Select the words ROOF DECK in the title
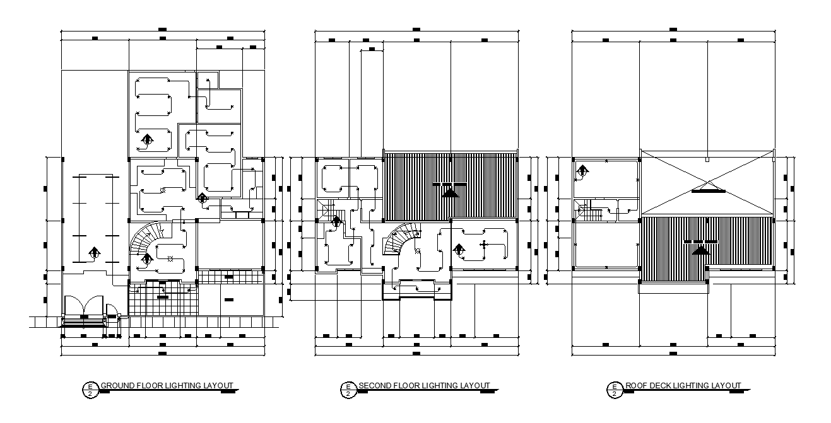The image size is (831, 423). coord(647,386)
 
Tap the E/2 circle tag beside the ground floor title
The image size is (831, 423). coord(90,390)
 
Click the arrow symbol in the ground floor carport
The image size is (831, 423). coord(94,253)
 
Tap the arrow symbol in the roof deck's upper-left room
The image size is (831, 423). coord(582,170)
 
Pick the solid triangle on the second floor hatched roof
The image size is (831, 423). coord(449,193)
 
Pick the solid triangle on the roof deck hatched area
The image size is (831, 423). coord(700,250)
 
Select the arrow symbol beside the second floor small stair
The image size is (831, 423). coord(336,221)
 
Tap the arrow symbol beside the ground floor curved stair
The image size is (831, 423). coord(146,258)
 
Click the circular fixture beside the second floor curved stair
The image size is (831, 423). coord(417,251)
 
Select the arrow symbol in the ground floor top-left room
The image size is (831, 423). coord(147,139)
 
